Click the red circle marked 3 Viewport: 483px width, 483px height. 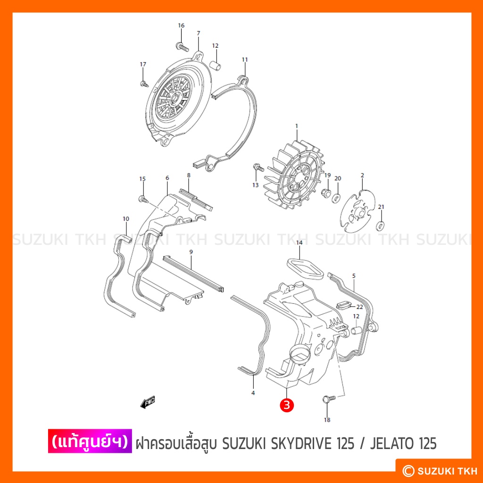click(x=286, y=405)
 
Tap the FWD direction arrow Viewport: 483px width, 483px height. click(x=148, y=402)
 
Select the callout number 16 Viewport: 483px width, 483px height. click(x=181, y=25)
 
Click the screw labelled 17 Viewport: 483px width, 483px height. click(x=144, y=83)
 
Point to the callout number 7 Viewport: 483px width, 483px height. click(x=199, y=33)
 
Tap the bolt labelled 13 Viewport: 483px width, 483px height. click(x=258, y=167)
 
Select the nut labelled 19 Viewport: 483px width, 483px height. click(x=326, y=193)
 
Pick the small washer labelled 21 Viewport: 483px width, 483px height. click(x=381, y=225)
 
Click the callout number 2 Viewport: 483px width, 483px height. click(x=362, y=175)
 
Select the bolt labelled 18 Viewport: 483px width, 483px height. click(x=329, y=400)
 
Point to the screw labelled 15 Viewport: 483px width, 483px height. click(x=143, y=199)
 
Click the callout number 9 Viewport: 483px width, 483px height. click(x=191, y=252)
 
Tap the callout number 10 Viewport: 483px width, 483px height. click(x=126, y=219)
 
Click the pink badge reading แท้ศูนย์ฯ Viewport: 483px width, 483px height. click(x=90, y=441)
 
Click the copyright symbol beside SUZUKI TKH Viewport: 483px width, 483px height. click(x=408, y=470)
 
